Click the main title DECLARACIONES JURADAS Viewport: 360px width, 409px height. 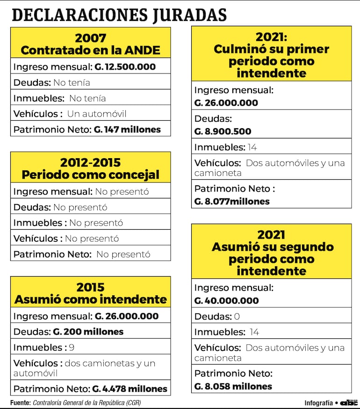pyautogui.click(x=119, y=15)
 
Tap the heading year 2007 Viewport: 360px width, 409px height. pyautogui.click(x=90, y=38)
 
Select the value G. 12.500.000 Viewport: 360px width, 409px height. pyautogui.click(x=125, y=67)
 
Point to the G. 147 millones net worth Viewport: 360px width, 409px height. pyautogui.click(x=127, y=130)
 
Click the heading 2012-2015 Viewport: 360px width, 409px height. pyautogui.click(x=90, y=163)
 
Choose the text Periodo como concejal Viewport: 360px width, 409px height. pyautogui.click(x=90, y=175)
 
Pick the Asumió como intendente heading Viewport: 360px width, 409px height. pyautogui.click(x=90, y=299)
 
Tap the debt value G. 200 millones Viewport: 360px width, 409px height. pyautogui.click(x=88, y=332)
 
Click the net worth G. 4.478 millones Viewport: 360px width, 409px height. pyautogui.click(x=130, y=389)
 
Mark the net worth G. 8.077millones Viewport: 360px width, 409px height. pyautogui.click(x=232, y=202)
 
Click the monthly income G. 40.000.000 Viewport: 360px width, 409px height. pyautogui.click(x=226, y=300)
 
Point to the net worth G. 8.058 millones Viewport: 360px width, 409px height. pyautogui.click(x=233, y=387)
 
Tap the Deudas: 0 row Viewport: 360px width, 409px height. pyautogui.click(x=217, y=316)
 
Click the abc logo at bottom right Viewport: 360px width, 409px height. pyautogui.click(x=349, y=402)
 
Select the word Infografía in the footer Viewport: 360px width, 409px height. pyautogui.click(x=318, y=403)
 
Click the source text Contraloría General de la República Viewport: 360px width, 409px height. pyautogui.click(x=87, y=402)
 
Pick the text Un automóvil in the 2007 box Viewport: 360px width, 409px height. pyautogui.click(x=97, y=114)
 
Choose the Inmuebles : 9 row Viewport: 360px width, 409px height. pyautogui.click(x=43, y=348)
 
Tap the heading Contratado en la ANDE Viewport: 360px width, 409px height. pyautogui.click(x=90, y=50)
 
